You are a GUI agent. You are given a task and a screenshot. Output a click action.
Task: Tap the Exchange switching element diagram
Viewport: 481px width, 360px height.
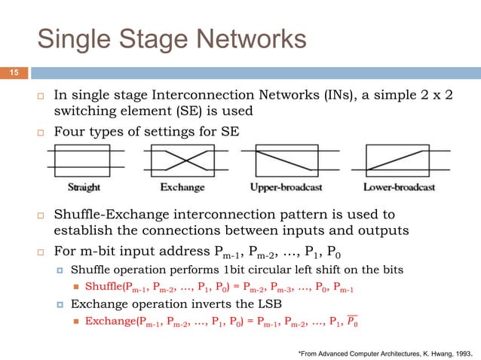[x=179, y=160]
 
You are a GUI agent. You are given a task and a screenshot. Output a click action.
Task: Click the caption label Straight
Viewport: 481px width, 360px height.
[x=84, y=186]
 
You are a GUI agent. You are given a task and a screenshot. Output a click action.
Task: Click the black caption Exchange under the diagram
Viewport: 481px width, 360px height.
[x=179, y=186]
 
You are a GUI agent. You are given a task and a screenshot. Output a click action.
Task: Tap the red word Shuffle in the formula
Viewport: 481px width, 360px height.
[x=105, y=286]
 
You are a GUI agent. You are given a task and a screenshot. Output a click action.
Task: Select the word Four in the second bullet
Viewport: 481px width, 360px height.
[x=69, y=133]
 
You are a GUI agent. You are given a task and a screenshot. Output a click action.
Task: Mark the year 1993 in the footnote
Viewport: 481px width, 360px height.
[x=461, y=351]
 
